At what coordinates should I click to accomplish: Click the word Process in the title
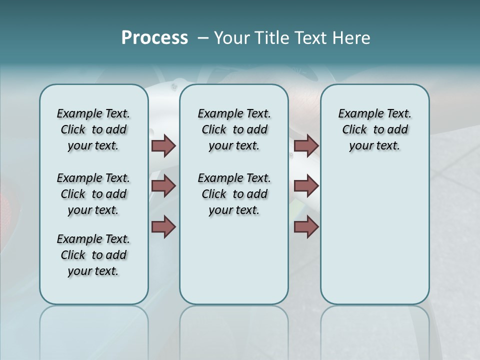click(154, 37)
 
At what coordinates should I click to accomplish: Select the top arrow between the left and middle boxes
click(163, 145)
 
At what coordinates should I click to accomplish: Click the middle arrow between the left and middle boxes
click(163, 186)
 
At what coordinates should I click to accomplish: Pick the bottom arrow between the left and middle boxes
click(163, 226)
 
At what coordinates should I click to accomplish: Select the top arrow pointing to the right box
click(306, 145)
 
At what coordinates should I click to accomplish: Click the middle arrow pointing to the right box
click(306, 186)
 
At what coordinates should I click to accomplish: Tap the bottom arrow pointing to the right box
click(306, 226)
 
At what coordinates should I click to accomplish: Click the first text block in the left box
click(93, 129)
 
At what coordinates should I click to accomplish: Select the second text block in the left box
click(93, 194)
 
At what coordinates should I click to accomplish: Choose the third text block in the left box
click(93, 255)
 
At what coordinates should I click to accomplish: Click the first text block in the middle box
click(234, 129)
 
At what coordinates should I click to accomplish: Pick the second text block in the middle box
click(234, 194)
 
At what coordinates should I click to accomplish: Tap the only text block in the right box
click(374, 129)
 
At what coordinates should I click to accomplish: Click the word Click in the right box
click(354, 130)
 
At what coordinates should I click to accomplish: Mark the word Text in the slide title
click(310, 37)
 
